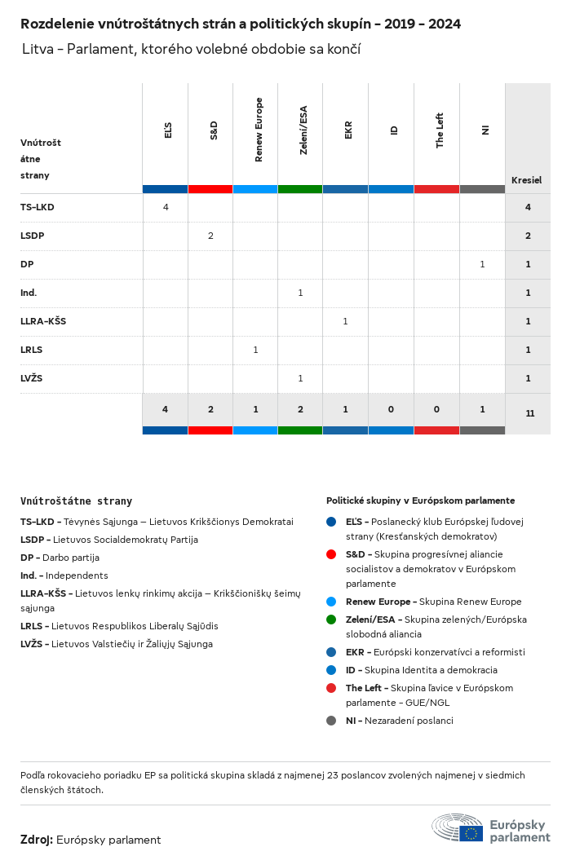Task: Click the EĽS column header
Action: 167,130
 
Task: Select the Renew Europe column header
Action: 259,130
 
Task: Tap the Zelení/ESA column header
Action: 303,130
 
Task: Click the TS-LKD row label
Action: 38,207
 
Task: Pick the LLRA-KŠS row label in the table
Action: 43,321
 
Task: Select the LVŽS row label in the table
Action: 32,378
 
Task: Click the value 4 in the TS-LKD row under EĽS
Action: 166,207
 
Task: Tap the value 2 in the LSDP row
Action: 210,236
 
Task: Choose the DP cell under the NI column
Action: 482,264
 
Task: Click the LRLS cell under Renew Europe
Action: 255,350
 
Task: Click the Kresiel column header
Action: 526,180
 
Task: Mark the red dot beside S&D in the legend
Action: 331,554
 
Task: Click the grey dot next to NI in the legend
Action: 331,721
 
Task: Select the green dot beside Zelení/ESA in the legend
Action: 331,620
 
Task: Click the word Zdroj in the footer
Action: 37,840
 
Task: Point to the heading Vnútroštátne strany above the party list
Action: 76,501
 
